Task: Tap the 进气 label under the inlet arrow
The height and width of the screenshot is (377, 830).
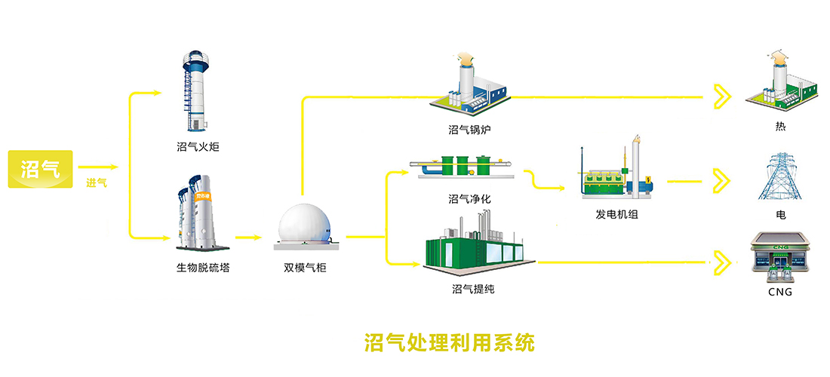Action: point(97,182)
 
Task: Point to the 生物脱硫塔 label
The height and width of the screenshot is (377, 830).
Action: point(198,267)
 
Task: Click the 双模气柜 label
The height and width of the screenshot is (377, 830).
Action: point(305,268)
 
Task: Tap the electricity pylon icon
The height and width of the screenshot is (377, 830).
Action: point(779,177)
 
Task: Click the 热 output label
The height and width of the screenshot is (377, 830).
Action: point(780,127)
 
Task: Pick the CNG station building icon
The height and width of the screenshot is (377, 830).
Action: point(780,256)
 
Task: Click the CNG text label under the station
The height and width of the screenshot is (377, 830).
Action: point(780,292)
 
